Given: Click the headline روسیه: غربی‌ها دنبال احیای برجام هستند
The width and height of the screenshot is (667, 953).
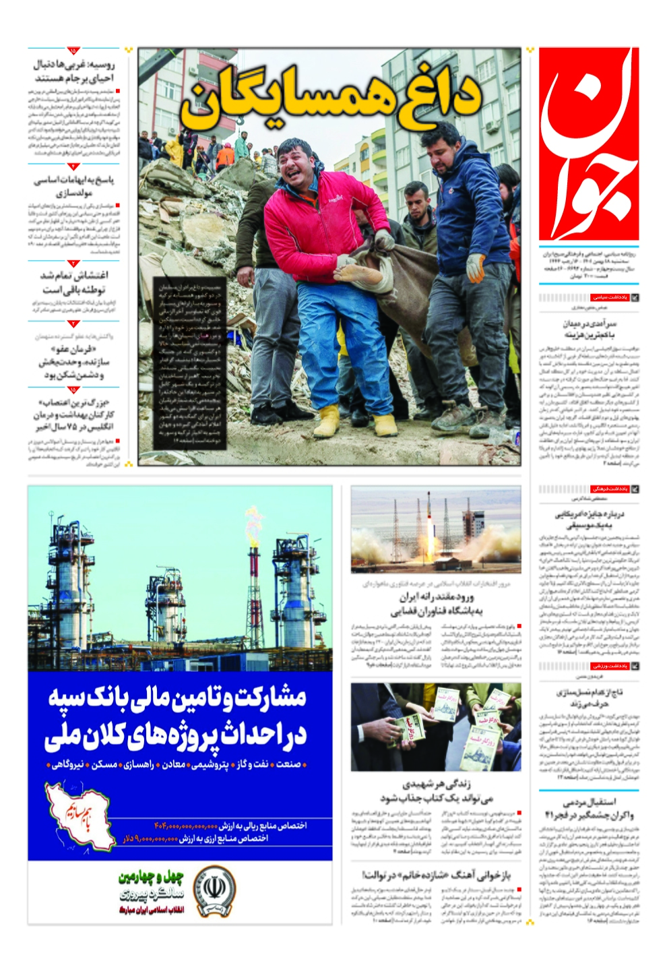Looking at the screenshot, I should pos(74,71).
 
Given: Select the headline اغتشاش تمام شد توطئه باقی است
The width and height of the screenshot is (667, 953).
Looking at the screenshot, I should pos(74,282).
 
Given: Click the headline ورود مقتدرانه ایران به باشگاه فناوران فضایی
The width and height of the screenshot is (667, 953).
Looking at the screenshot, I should pos(436,605).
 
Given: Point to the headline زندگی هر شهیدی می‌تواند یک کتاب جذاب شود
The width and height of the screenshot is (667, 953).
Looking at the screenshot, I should pos(436,791).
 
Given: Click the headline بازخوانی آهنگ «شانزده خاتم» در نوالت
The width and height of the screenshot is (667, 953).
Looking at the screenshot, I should pos(436,875).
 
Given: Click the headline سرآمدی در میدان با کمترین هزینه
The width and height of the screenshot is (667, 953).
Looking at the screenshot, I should pos(589,329).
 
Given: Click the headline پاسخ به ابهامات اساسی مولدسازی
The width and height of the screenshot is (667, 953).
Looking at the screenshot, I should pos(74,186).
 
